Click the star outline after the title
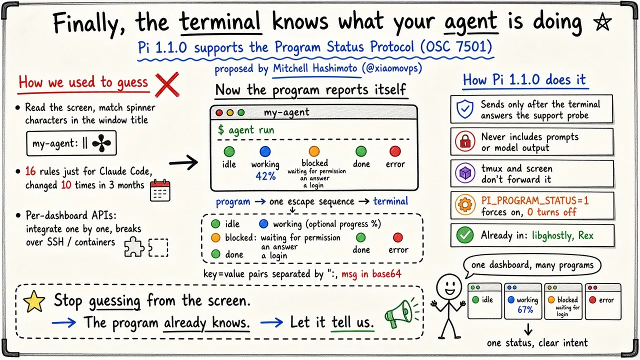[x=602, y=22]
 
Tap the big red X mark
[x=167, y=84]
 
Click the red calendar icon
[x=160, y=190]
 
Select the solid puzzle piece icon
[x=134, y=247]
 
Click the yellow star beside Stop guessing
[x=34, y=301]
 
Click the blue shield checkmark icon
[x=465, y=109]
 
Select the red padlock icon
[x=465, y=141]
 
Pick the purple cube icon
[x=465, y=173]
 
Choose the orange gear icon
[x=465, y=204]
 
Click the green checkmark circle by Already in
[x=465, y=235]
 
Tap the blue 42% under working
[x=265, y=176]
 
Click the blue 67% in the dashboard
[x=525, y=309]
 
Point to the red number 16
[x=30, y=171]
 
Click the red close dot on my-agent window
[x=219, y=112]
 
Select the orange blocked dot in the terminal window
[x=314, y=151]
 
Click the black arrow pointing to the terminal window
[x=183, y=163]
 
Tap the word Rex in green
[x=585, y=235]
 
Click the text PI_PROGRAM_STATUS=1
[x=535, y=200]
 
